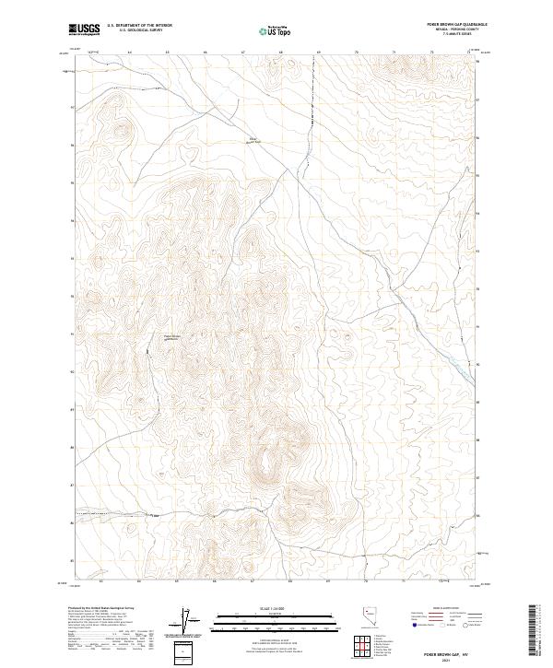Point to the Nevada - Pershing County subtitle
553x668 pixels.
453,31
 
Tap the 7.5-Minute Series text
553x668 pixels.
454,36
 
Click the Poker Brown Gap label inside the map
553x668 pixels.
173,337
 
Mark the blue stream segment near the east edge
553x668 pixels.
458,365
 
